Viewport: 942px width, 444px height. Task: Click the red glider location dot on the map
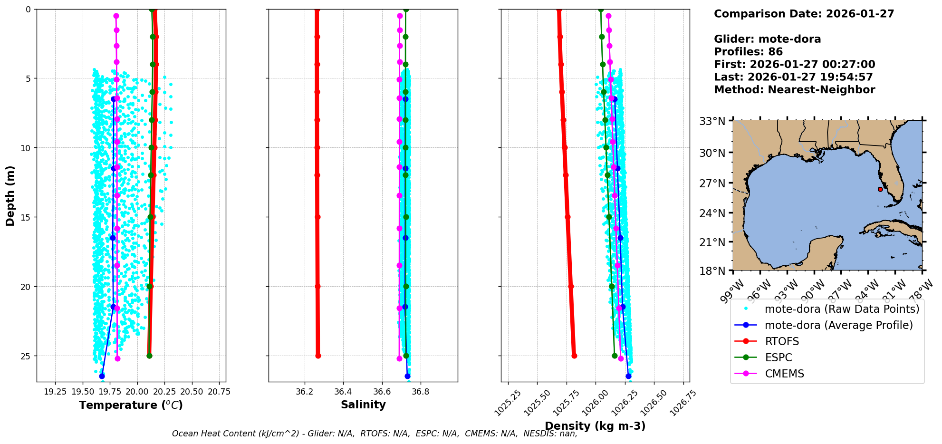[x=880, y=189]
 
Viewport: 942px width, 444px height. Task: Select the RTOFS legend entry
[x=781, y=341]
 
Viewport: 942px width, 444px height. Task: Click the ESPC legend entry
[x=778, y=357]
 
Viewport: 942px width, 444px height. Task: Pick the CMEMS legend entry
[x=784, y=374]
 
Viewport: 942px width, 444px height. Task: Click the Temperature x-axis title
[x=131, y=405]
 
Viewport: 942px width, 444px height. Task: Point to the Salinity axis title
[x=363, y=405]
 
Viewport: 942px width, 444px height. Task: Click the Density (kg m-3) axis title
[x=595, y=426]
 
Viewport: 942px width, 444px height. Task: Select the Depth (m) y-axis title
[x=10, y=195]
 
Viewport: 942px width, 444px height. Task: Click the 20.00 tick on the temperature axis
[x=137, y=392]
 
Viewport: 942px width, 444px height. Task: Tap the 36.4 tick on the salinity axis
[x=343, y=392]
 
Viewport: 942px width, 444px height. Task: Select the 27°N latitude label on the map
[x=712, y=183]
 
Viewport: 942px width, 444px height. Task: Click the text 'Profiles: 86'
[x=748, y=52]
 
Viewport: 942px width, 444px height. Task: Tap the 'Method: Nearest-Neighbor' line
[x=794, y=90]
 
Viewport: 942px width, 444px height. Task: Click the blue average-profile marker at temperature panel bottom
[x=102, y=376]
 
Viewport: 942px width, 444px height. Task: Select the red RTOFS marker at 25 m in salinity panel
[x=318, y=356]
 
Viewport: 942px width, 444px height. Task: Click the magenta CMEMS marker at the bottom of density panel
[x=621, y=358]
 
